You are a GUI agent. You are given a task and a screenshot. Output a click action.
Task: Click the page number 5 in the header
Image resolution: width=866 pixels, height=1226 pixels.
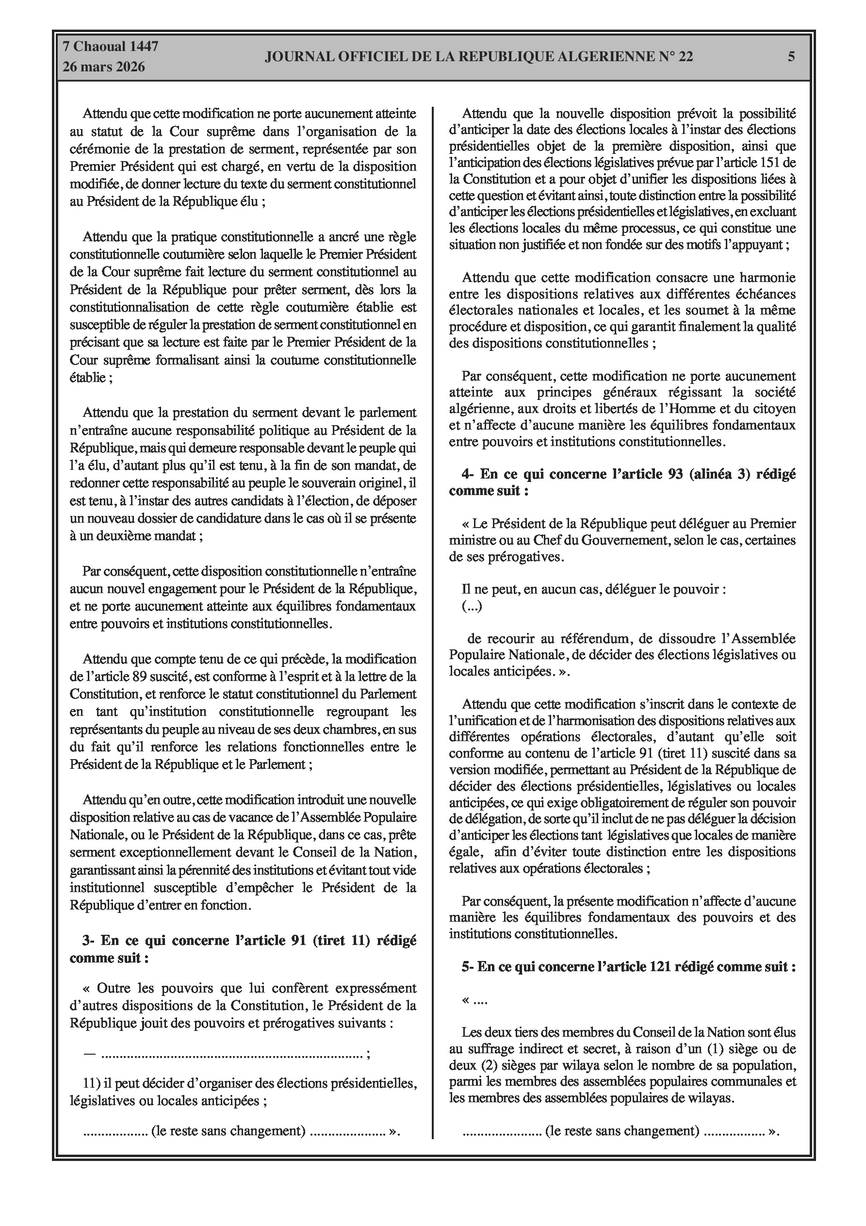pyautogui.click(x=791, y=57)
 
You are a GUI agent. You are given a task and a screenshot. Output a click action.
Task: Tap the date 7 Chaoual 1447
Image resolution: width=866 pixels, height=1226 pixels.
pyautogui.click(x=111, y=47)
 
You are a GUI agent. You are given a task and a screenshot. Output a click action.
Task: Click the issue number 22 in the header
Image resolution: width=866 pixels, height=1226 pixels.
pyautogui.click(x=686, y=57)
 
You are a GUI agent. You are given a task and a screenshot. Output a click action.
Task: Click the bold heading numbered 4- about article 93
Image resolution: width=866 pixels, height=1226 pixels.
pyautogui.click(x=622, y=482)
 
